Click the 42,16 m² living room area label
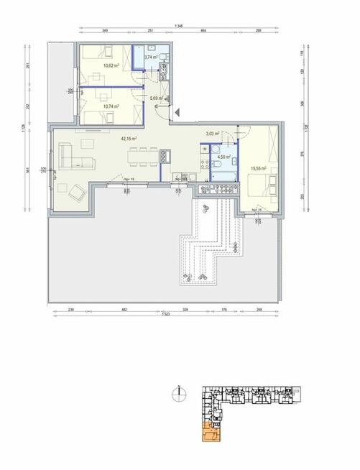[129, 139]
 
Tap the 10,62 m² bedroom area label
[111, 65]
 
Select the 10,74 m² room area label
[111, 106]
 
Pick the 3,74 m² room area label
[151, 57]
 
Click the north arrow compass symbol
[176, 393]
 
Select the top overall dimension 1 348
[178, 26]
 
